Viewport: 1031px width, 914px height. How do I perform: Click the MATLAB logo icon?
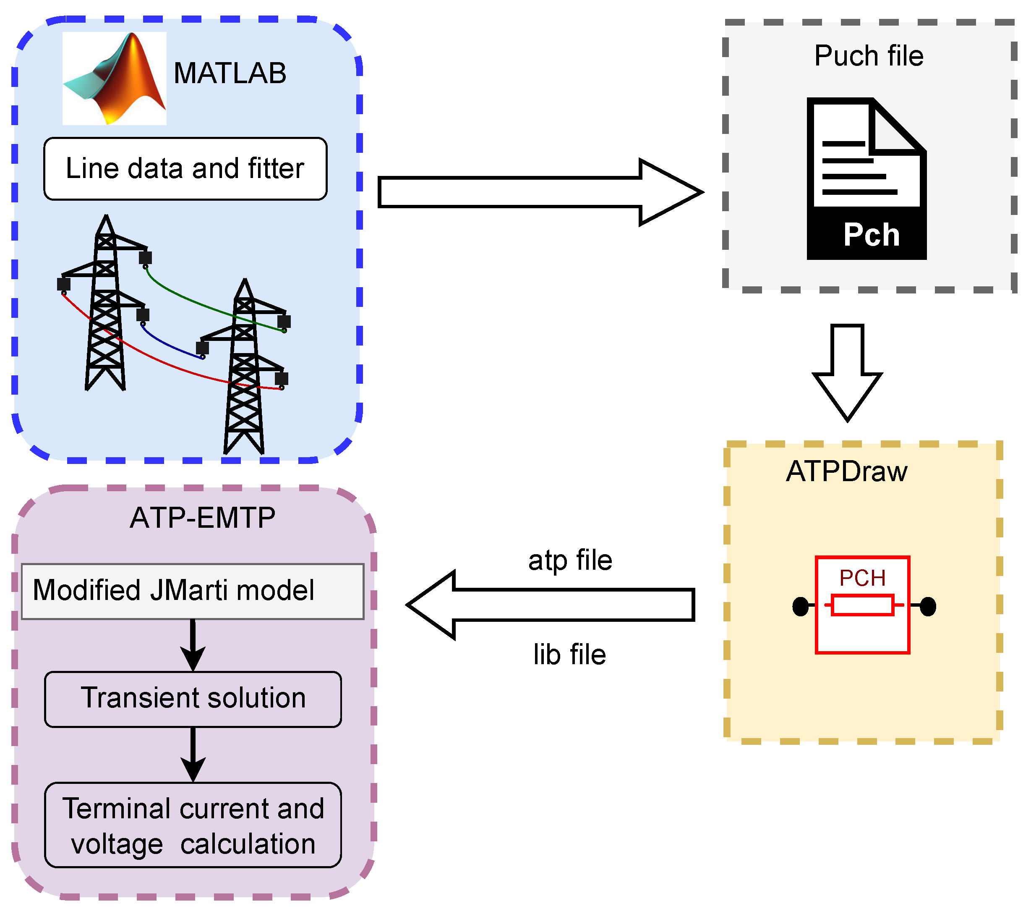[115, 78]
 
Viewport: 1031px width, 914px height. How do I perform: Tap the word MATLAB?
[230, 73]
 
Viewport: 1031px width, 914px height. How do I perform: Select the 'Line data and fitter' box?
[185, 169]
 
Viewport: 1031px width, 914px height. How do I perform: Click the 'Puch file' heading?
[869, 55]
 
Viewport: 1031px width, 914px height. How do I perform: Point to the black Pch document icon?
[867, 179]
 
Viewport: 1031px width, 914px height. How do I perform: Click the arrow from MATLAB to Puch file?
[540, 192]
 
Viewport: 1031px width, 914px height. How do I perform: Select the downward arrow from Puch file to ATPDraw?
[847, 372]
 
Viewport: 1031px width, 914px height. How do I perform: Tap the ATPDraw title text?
[847, 471]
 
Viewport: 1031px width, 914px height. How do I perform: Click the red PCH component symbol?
[863, 605]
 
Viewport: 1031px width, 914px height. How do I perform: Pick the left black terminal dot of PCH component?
[801, 606]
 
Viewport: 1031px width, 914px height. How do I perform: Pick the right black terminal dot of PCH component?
[928, 606]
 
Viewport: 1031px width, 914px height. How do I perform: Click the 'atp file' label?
[571, 561]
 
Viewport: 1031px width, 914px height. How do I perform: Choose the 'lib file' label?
[570, 655]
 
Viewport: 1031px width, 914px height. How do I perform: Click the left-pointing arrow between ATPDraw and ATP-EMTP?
[551, 605]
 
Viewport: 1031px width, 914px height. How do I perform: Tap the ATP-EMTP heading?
[203, 518]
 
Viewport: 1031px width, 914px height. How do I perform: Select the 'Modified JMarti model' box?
[193, 591]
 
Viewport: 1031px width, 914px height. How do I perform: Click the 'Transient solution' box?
[193, 699]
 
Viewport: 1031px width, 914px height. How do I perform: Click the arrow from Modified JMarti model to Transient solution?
[193, 645]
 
